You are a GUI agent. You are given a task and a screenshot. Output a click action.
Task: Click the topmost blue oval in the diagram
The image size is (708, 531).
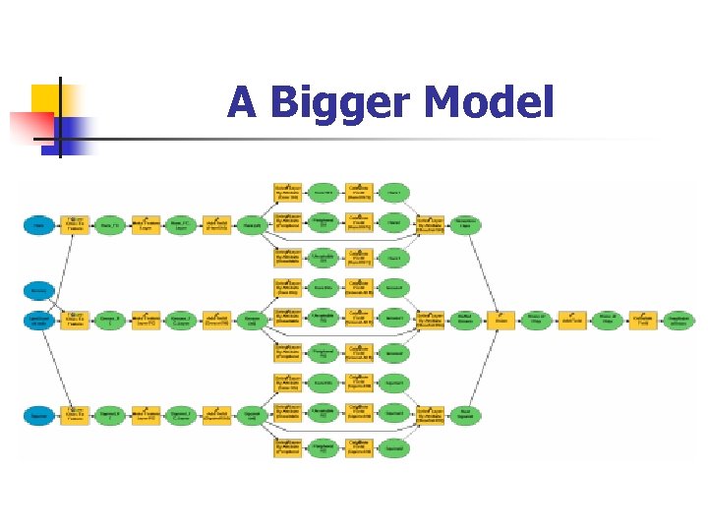[39, 225]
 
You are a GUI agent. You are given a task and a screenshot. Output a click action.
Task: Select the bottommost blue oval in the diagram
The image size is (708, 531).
[39, 416]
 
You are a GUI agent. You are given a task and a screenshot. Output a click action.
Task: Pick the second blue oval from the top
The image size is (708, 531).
[39, 290]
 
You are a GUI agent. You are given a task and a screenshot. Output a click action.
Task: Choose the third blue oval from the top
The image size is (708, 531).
[39, 320]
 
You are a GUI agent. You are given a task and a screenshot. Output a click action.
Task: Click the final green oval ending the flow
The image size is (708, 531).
[678, 321]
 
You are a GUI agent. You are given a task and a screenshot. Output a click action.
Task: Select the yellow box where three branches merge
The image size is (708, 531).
[501, 321]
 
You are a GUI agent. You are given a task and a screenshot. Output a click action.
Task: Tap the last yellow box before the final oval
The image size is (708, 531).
[643, 321]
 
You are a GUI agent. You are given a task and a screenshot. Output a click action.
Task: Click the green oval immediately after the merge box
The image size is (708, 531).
[537, 321]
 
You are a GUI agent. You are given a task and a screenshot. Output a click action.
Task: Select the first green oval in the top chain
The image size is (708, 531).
[109, 225]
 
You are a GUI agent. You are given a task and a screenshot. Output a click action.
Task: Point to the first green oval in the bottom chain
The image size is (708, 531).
[109, 416]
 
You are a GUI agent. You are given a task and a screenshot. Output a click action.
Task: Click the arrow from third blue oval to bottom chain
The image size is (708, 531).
[55, 369]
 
